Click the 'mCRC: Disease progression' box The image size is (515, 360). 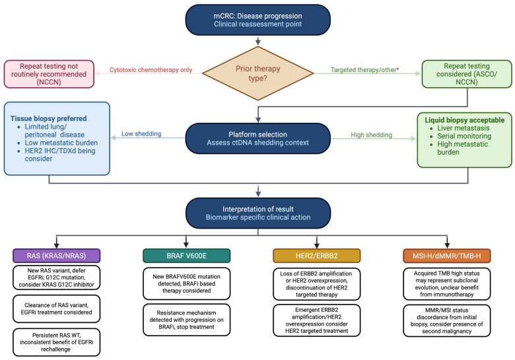click(257, 20)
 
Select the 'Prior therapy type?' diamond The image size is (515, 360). click(257, 73)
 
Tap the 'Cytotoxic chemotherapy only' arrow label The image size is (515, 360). click(151, 70)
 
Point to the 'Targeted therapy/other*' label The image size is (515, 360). click(364, 69)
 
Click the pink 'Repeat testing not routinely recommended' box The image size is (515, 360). click(49, 74)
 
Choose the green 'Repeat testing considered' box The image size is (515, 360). click(467, 74)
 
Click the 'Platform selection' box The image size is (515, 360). click(257, 138)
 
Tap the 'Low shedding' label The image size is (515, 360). click(141, 133)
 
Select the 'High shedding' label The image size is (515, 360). click(371, 135)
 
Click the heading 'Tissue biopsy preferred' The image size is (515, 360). click(49, 119)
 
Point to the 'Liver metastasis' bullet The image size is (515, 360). click(463, 128)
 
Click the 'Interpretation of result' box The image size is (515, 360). click(257, 213)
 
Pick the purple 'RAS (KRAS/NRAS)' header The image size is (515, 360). click(57, 256)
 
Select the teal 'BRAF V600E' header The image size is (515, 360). click(187, 256)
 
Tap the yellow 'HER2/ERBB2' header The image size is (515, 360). click(317, 256)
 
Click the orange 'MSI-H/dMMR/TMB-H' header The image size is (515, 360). click(447, 256)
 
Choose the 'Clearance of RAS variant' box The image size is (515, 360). click(57, 308)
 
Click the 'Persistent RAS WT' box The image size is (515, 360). click(57, 342)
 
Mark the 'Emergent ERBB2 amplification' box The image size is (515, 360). click(317, 320)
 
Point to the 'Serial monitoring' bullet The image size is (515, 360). click(464, 136)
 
